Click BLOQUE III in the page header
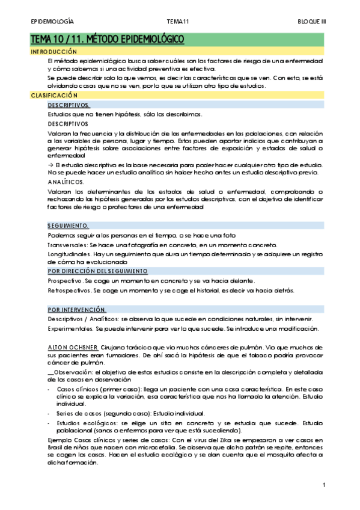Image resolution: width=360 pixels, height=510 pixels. pos(312,21)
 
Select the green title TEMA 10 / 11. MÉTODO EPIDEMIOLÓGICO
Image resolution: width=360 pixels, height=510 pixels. pos(107,40)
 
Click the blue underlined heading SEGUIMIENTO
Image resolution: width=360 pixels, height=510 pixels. pos(68,226)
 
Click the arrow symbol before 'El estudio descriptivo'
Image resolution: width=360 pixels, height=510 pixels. pos(50,165)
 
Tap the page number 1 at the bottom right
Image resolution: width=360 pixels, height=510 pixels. pos(323,485)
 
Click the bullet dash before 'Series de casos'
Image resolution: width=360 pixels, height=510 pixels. pos(49,413)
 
